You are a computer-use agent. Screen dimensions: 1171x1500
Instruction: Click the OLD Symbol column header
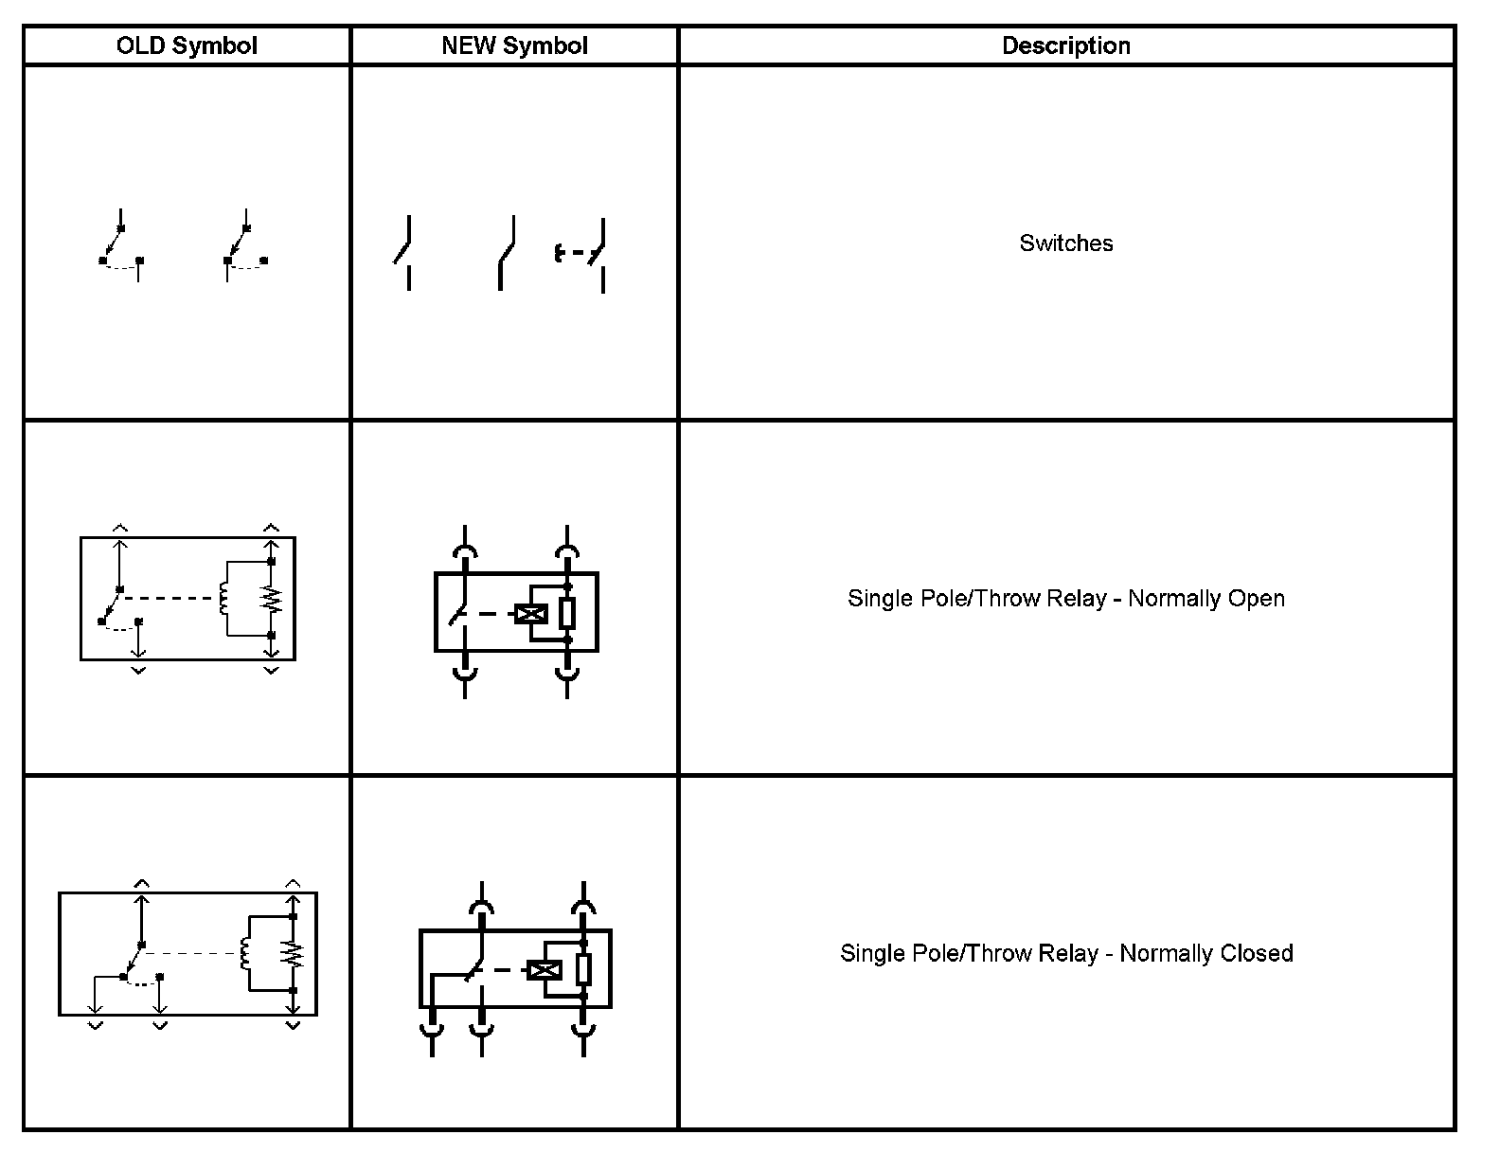(x=187, y=45)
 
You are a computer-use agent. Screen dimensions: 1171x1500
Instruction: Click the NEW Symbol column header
(x=514, y=45)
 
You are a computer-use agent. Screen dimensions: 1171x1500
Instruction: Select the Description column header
(x=1066, y=45)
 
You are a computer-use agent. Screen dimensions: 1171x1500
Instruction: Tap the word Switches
(x=1066, y=243)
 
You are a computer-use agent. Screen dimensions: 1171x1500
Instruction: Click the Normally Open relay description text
(x=1066, y=599)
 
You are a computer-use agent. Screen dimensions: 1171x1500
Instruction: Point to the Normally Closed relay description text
(x=1066, y=953)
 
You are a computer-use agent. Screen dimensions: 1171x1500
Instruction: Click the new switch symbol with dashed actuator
(x=581, y=254)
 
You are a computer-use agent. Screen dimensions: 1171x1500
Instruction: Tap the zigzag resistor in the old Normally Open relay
(x=272, y=599)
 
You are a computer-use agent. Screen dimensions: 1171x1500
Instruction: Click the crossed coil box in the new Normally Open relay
(x=531, y=614)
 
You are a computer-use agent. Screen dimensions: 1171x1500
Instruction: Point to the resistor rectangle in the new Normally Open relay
(x=567, y=613)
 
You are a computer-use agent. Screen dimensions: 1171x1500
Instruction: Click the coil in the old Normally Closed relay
(x=246, y=953)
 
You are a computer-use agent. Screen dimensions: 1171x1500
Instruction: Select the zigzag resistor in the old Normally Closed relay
(x=294, y=953)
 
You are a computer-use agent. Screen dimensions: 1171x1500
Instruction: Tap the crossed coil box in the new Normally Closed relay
(x=545, y=970)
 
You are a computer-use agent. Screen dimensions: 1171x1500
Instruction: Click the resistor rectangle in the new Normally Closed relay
(x=583, y=969)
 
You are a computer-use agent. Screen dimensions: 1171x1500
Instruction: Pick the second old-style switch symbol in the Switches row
(x=243, y=246)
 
